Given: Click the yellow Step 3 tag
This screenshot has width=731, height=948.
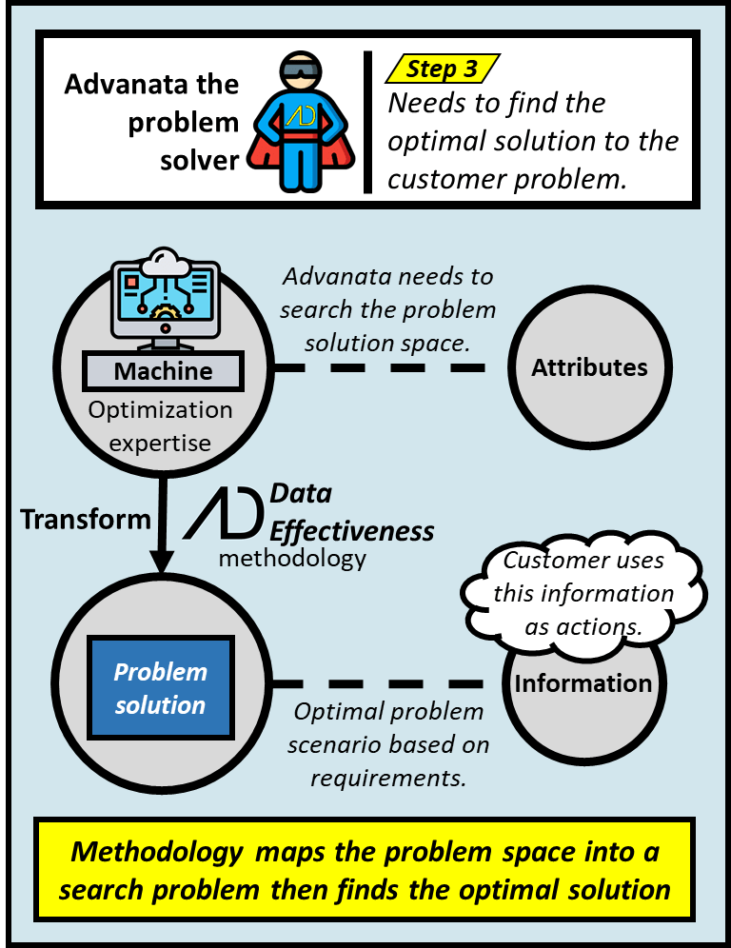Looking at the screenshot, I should click(443, 69).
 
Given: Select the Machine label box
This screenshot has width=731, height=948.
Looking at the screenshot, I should click(163, 370).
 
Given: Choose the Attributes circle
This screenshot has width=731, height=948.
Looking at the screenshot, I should click(589, 367).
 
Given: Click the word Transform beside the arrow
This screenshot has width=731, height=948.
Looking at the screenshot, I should click(86, 519).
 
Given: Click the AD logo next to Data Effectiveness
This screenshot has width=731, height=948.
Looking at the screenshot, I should click(225, 514).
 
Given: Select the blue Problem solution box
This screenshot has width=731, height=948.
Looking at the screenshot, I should click(161, 688).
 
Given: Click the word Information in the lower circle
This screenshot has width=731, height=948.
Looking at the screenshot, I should click(583, 683).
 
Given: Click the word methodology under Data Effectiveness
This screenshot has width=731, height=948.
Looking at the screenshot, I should click(292, 558).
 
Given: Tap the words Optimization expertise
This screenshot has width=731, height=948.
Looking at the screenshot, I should click(160, 425).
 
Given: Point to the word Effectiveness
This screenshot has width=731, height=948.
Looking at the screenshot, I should click(352, 529).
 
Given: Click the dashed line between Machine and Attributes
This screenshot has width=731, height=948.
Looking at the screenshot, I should click(381, 367).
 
